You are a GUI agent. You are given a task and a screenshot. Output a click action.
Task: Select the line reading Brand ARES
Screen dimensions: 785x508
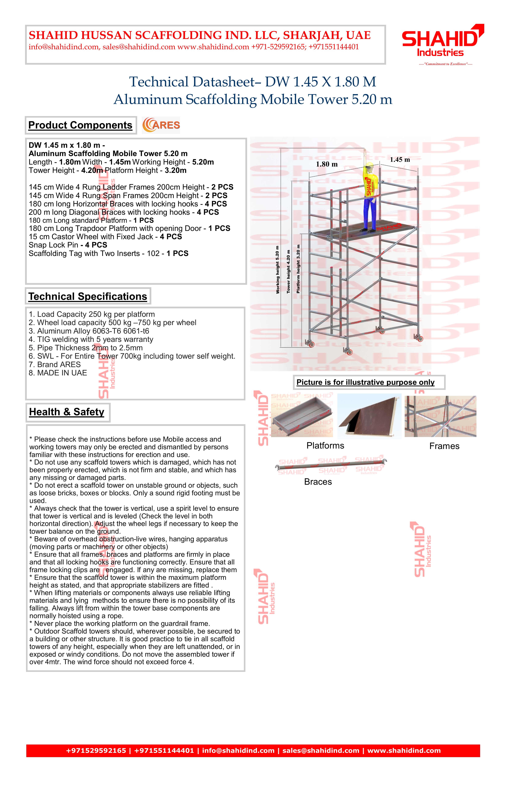pyautogui.click(x=55, y=364)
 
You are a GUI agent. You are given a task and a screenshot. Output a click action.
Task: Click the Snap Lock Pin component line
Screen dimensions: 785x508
pyautogui.click(x=68, y=245)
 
